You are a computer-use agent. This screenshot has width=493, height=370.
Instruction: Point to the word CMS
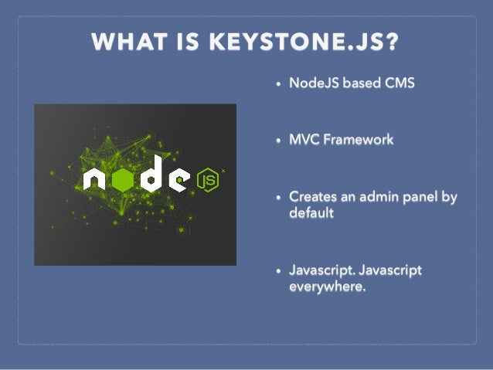tap(399, 83)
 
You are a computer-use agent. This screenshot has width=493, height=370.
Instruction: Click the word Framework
tap(358, 140)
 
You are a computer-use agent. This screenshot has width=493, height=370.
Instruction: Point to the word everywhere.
tap(327, 286)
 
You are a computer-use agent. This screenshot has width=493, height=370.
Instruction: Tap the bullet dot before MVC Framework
tap(278, 141)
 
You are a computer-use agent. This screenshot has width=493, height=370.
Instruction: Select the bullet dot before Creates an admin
tap(278, 199)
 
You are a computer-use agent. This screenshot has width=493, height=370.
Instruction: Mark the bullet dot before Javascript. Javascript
tap(278, 272)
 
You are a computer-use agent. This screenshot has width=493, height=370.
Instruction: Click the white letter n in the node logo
tap(94, 181)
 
